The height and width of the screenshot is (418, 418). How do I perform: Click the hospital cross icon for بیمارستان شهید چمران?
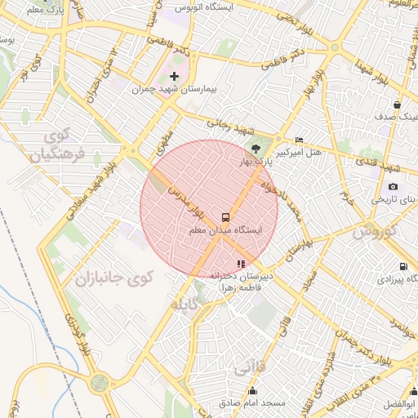point(174,76)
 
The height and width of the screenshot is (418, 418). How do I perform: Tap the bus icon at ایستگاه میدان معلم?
point(225,217)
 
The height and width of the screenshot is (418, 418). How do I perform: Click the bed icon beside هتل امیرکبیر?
point(299,140)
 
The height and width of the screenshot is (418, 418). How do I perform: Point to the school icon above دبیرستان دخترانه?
point(240,264)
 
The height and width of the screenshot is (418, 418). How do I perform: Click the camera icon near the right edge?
point(394,186)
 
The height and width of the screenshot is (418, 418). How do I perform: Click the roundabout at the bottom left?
point(100,382)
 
